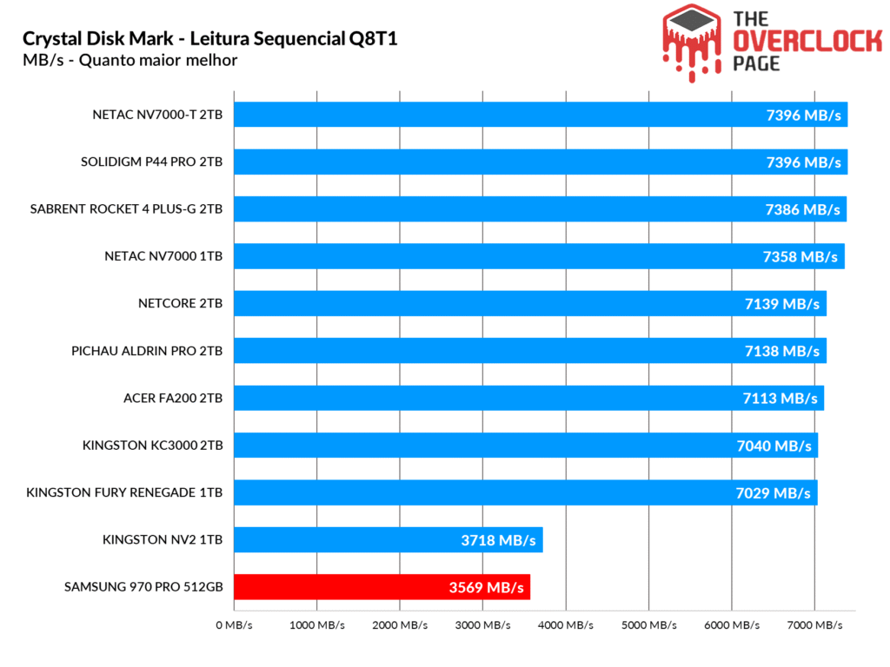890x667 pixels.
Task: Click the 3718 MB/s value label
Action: pos(498,540)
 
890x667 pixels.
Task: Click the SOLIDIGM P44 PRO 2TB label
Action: pos(151,162)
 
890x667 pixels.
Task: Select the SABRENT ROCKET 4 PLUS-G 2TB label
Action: pos(126,209)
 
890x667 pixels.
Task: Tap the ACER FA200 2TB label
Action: pos(173,399)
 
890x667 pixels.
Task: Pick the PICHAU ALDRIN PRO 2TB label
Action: pos(147,352)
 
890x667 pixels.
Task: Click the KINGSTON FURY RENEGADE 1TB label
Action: pos(124,492)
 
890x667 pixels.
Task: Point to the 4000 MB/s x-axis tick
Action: pos(566,625)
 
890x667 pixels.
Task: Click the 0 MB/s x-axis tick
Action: pos(235,625)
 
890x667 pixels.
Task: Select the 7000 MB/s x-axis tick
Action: pos(814,625)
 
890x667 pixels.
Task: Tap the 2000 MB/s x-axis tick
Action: pos(400,625)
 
